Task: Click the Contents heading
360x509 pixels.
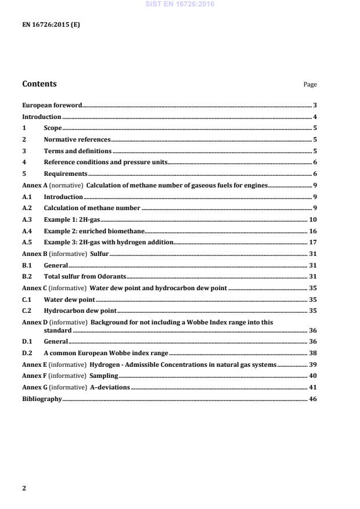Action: (39, 84)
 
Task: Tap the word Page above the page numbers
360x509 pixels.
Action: (310, 85)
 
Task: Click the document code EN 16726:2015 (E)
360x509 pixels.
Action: (51, 24)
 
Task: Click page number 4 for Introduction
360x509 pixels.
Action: (314, 117)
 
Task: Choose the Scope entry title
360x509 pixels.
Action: (53, 128)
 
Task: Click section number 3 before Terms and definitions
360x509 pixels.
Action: (24, 151)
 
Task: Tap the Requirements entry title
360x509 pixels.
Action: (66, 174)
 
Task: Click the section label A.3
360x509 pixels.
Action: (27, 219)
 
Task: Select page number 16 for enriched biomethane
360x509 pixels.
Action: (312, 230)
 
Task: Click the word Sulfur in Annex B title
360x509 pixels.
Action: (99, 253)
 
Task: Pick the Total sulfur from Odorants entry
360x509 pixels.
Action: (85, 276)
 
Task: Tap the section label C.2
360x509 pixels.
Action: (27, 310)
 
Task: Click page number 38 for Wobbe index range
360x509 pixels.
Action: (312, 353)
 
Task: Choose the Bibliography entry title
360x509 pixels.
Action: (42, 399)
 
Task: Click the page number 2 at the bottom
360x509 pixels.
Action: (24, 488)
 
